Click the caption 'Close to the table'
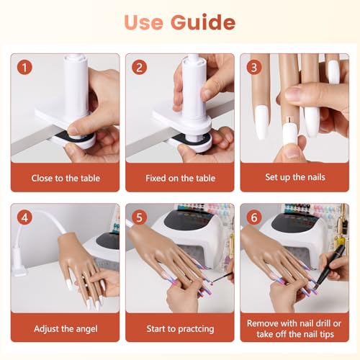65,177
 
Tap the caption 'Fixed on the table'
179,177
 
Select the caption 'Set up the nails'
294,177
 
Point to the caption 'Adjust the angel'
65,329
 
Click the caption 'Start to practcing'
179,329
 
